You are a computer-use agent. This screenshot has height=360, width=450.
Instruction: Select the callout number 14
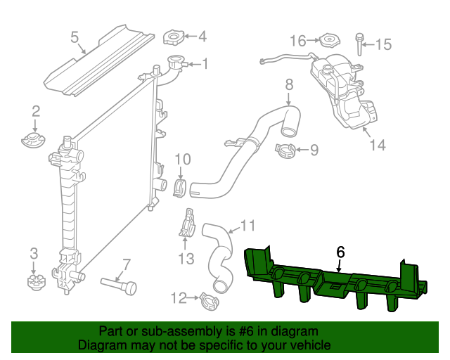pos(378,145)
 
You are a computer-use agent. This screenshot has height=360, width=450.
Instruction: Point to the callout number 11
pos(247,226)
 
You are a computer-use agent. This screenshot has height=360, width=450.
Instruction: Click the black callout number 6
pos(340,251)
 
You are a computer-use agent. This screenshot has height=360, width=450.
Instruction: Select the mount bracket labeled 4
pos(173,37)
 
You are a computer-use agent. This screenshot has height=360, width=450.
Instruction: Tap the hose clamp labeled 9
pos(285,150)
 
